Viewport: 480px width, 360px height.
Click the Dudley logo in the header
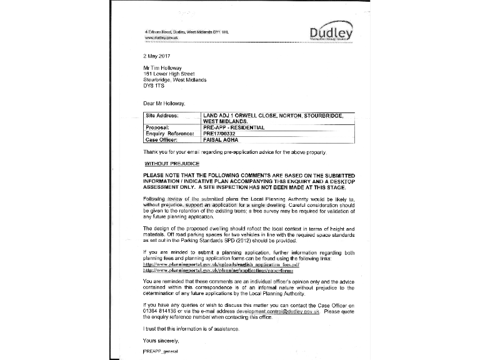[331, 33]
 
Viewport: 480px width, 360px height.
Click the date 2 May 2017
[156, 56]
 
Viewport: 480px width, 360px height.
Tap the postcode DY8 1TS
[155, 86]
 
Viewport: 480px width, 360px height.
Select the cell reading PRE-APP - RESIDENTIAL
[234, 127]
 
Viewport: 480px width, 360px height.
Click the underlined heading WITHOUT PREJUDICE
[163, 163]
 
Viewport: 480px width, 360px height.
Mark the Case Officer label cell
[161, 139]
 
